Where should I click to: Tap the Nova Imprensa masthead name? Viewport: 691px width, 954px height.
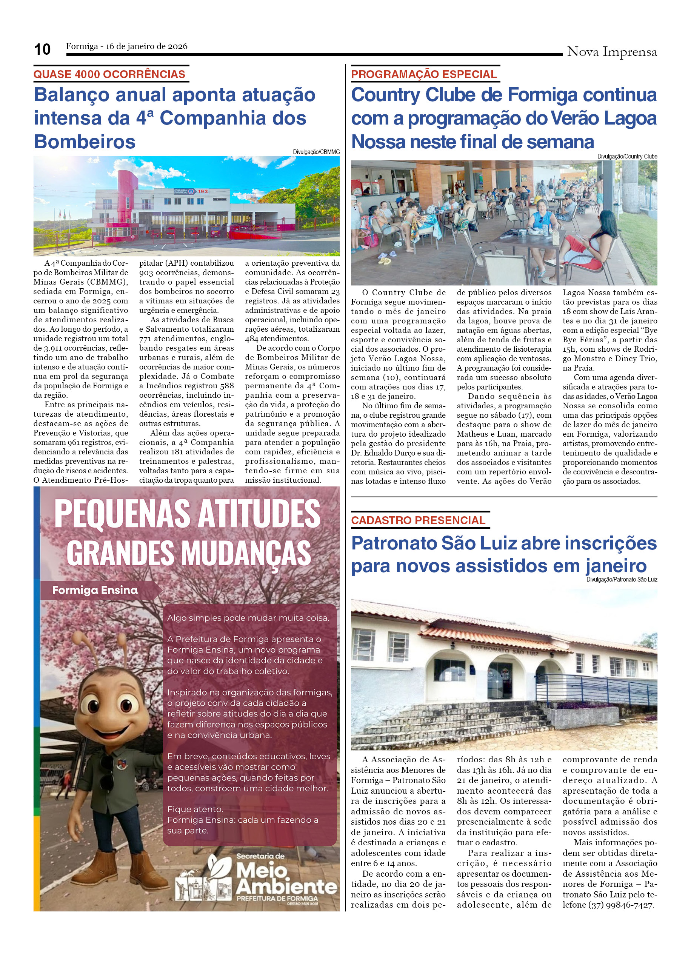[611, 52]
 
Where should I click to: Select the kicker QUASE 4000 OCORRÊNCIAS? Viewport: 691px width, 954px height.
[109, 74]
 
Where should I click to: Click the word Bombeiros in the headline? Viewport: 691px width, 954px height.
[85, 142]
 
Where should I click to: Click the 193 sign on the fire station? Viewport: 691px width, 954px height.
[203, 191]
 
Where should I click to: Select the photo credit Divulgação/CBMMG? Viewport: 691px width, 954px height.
[316, 152]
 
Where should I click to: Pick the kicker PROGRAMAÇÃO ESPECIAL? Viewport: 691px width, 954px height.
[424, 74]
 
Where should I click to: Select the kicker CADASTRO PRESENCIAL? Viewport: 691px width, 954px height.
[418, 520]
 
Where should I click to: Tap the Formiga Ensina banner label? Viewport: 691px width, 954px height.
[95, 590]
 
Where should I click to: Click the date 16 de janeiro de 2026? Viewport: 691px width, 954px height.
[146, 46]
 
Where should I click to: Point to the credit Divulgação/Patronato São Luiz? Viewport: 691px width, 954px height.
[622, 580]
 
